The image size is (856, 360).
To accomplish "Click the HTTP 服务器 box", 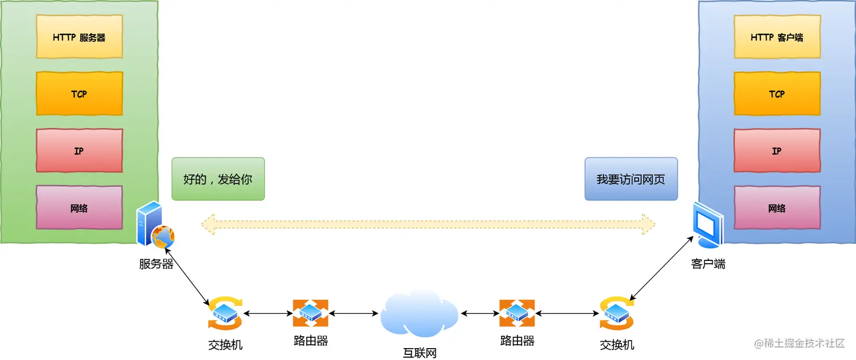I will point(79,37).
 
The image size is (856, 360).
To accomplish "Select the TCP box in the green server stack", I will point(79,94).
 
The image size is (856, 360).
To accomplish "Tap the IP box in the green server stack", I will point(79,151).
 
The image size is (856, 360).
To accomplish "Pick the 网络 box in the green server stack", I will point(79,208).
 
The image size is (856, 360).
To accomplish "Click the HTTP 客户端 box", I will point(776,37).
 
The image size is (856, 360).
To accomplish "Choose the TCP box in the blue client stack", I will point(776,94).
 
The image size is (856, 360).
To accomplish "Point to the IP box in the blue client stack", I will point(776,151).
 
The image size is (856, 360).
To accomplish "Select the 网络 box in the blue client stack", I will point(776,208).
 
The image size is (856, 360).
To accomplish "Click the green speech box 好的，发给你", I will point(218,179).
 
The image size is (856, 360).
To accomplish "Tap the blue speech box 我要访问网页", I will point(631,179).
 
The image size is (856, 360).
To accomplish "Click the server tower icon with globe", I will point(155,226).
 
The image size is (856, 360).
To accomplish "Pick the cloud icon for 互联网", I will point(419,314).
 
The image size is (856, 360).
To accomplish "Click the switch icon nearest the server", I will point(225,313).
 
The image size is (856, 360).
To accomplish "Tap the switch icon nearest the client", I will point(617,313).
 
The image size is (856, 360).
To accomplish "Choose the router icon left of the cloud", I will point(310,313).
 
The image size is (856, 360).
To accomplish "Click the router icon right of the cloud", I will point(517,313).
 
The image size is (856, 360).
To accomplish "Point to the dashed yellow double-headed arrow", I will point(428,224).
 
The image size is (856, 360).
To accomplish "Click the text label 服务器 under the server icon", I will point(156,264).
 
